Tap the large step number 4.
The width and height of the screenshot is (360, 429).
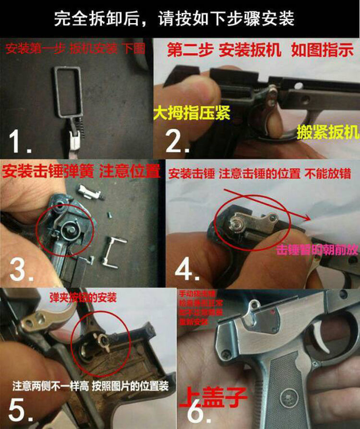coord(183,270)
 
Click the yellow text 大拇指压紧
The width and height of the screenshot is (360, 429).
coord(192,113)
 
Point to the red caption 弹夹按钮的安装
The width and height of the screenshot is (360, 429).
coord(83,298)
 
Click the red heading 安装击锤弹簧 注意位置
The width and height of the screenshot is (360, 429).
coord(80,172)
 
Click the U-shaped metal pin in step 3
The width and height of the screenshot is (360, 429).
coord(114,249)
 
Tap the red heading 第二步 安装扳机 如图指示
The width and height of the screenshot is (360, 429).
coord(260,50)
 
